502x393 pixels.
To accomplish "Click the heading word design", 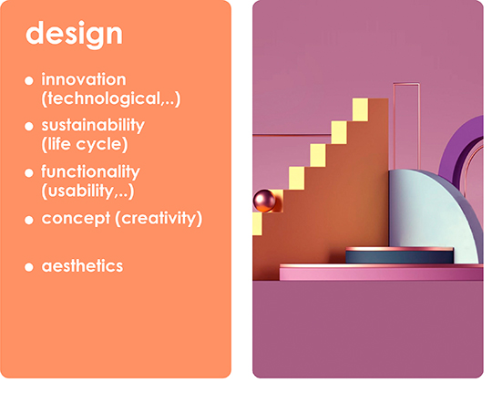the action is (74, 35).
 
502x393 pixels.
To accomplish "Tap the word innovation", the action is (84, 79).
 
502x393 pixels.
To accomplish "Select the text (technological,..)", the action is (111, 98).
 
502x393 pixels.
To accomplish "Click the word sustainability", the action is (93, 125).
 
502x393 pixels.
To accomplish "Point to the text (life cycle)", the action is (85, 144).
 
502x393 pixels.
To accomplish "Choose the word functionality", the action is (90, 171).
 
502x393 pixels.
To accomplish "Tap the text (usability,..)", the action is (87, 191).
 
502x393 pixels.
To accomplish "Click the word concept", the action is (76, 219).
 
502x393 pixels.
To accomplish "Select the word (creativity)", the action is (159, 219).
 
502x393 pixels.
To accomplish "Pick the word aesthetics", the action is (82, 266).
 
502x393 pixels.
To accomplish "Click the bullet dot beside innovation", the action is (29, 80).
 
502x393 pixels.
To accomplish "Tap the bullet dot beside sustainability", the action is (29, 126).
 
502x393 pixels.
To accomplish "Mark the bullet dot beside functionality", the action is (29, 173).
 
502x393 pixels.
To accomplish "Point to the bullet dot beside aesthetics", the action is (29, 267).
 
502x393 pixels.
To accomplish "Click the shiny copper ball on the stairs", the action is (264, 201).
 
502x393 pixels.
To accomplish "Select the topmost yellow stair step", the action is (360, 109).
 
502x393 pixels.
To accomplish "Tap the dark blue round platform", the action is (400, 256).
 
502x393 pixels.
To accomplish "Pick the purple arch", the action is (455, 150).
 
